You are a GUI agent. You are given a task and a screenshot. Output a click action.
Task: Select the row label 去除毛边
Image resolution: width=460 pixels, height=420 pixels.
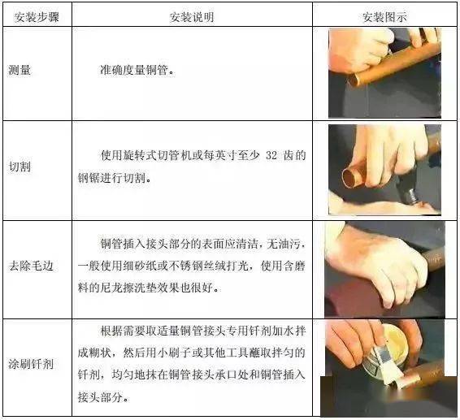pos(31,266)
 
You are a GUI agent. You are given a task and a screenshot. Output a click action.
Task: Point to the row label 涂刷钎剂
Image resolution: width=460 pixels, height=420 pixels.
pos(31,363)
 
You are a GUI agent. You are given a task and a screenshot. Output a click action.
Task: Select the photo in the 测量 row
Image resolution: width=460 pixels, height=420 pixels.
pos(384,72)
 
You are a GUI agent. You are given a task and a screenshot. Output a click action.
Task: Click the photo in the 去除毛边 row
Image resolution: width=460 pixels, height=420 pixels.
pos(384,268)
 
